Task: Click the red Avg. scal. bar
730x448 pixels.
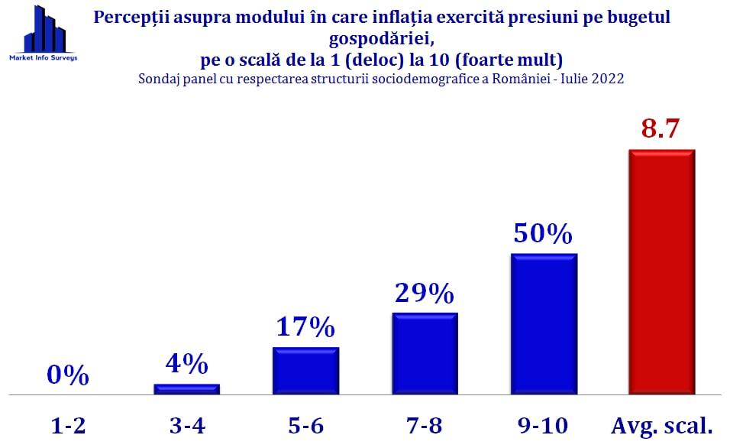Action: (661, 272)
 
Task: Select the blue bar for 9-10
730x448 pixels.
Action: (544, 324)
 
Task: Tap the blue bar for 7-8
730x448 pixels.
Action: (425, 354)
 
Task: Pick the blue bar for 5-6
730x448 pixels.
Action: (305, 372)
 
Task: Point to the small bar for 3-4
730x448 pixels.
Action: (187, 389)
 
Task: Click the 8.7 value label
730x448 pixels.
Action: (661, 128)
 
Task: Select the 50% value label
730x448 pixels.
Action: (543, 233)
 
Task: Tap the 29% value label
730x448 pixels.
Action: (425, 293)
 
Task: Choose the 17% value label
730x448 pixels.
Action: (305, 327)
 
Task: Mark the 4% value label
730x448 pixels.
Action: (187, 364)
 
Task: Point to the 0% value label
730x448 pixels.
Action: (68, 376)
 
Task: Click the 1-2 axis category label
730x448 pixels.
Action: (68, 425)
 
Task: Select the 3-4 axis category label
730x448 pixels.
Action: (187, 425)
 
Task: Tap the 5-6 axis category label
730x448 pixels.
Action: (305, 425)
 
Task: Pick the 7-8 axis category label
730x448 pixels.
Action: (425, 425)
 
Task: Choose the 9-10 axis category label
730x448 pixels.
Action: (543, 425)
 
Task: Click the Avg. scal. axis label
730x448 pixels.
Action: (661, 426)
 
